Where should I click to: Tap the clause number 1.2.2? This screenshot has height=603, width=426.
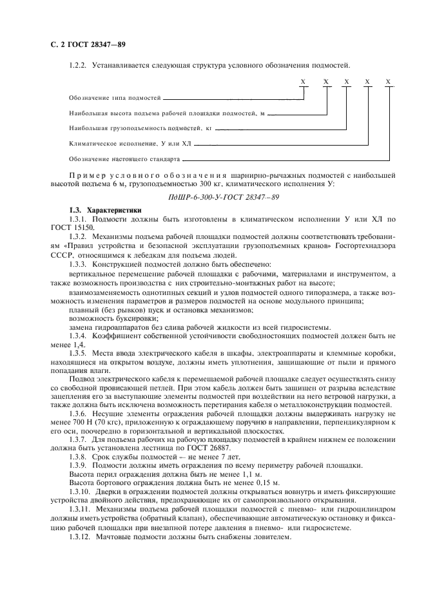[78, 66]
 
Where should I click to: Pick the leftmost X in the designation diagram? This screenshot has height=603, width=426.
[303, 82]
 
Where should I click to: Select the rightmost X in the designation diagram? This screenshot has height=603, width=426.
[388, 82]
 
